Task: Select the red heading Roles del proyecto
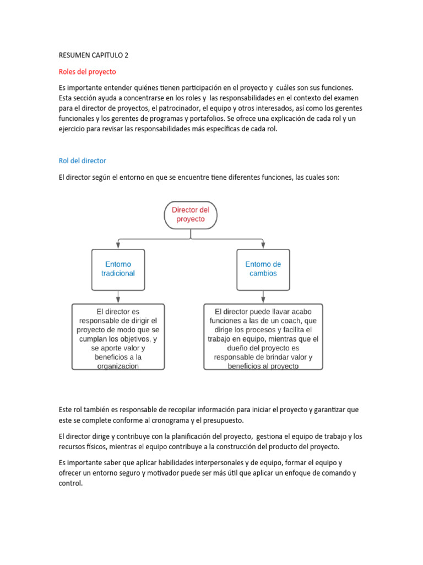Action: tap(87, 72)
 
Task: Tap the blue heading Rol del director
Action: tap(82, 161)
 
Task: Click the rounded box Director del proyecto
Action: tap(191, 215)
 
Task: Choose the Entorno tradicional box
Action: tap(118, 269)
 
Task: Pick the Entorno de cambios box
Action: tap(263, 269)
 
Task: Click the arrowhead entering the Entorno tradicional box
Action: tap(118, 246)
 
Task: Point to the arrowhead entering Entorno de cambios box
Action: tap(263, 246)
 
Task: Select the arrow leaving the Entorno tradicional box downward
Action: tap(118, 297)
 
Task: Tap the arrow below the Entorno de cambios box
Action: tap(263, 297)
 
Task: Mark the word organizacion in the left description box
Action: tap(118, 365)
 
